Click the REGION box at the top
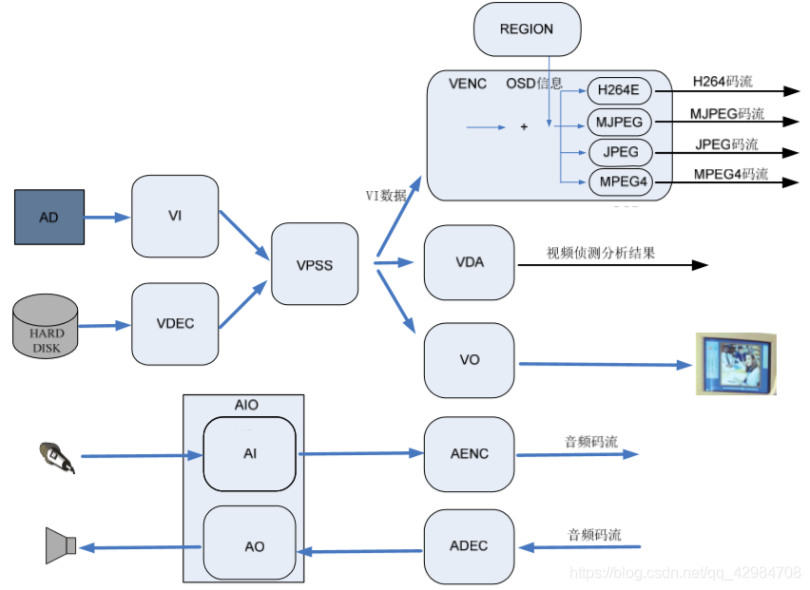click(527, 29)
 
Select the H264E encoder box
click(619, 91)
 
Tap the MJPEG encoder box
click(620, 122)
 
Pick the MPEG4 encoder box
click(624, 181)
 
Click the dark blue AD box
click(49, 218)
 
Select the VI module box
click(175, 216)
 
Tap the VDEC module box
click(175, 324)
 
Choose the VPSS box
click(315, 264)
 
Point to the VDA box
click(469, 262)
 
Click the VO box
click(469, 361)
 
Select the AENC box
click(469, 454)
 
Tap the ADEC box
click(469, 546)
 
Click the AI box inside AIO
click(250, 454)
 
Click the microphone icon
click(56, 457)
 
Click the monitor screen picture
click(735, 363)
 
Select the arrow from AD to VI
click(107, 218)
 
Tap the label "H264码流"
click(722, 82)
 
